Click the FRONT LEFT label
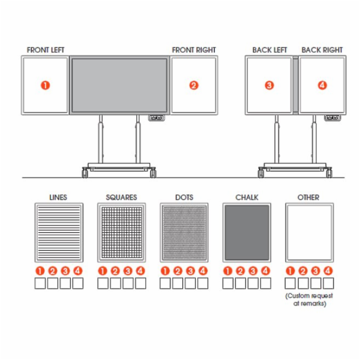(46, 50)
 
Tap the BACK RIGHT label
(322, 50)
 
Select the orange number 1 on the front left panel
(45, 85)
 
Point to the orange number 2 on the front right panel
(194, 85)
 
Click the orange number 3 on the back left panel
(269, 85)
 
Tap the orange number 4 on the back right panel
(322, 85)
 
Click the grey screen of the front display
(119, 85)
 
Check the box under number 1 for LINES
(40, 283)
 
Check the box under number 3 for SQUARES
(128, 283)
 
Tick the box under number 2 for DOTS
(178, 283)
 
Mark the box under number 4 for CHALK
(265, 283)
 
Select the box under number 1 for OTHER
(290, 283)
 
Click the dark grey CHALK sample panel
(247, 233)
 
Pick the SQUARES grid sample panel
(121, 233)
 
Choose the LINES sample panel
(59, 233)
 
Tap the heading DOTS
(184, 197)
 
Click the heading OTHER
(308, 197)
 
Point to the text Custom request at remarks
(309, 299)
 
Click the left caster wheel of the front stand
(85, 172)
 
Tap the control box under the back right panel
(332, 118)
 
